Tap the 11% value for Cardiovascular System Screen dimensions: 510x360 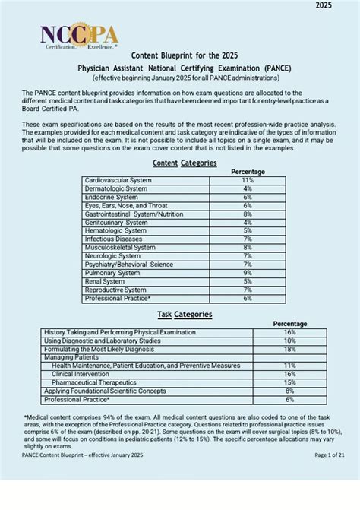pos(248,180)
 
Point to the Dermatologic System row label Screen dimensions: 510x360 pos(116,188)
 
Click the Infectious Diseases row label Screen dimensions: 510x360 pos(113,239)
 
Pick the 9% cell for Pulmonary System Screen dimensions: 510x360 pos(248,272)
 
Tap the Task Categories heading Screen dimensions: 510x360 pos(185,314)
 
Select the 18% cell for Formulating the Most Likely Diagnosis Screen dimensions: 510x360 pos(289,349)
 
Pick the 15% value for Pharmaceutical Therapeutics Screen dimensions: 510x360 pos(289,382)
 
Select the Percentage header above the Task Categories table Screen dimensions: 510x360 pos(290,324)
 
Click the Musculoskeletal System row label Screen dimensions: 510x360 pos(121,247)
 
